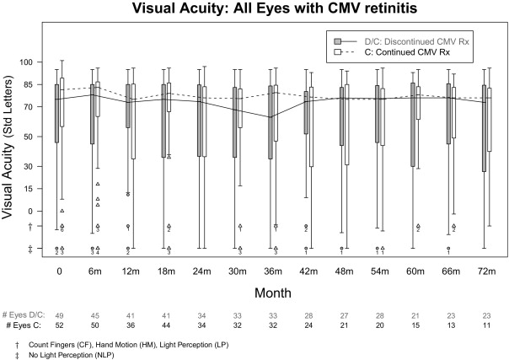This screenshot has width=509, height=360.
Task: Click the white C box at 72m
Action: point(489,120)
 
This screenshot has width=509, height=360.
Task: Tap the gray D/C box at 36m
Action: point(270,122)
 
